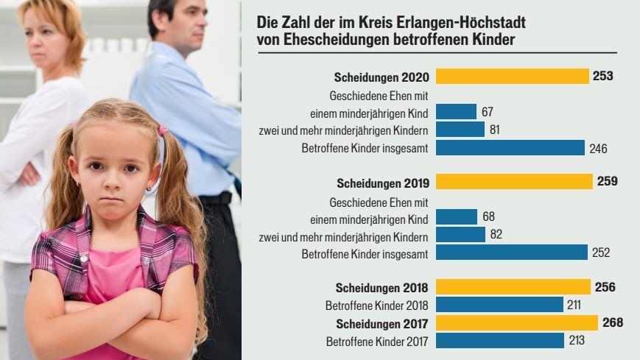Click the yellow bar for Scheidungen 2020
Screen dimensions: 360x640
(512, 77)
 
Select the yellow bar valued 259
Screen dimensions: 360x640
(514, 181)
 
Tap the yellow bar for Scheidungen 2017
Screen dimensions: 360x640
(516, 322)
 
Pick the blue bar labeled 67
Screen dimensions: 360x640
(456, 112)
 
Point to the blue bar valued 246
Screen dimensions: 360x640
(510, 148)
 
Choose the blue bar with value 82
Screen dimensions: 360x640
(460, 235)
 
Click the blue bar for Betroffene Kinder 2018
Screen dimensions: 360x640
(499, 305)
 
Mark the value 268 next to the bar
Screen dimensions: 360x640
(612, 322)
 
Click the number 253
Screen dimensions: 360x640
(602, 77)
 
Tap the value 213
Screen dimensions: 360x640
(577, 341)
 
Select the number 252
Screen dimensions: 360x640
(600, 253)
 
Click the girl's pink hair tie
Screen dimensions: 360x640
(163, 130)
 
